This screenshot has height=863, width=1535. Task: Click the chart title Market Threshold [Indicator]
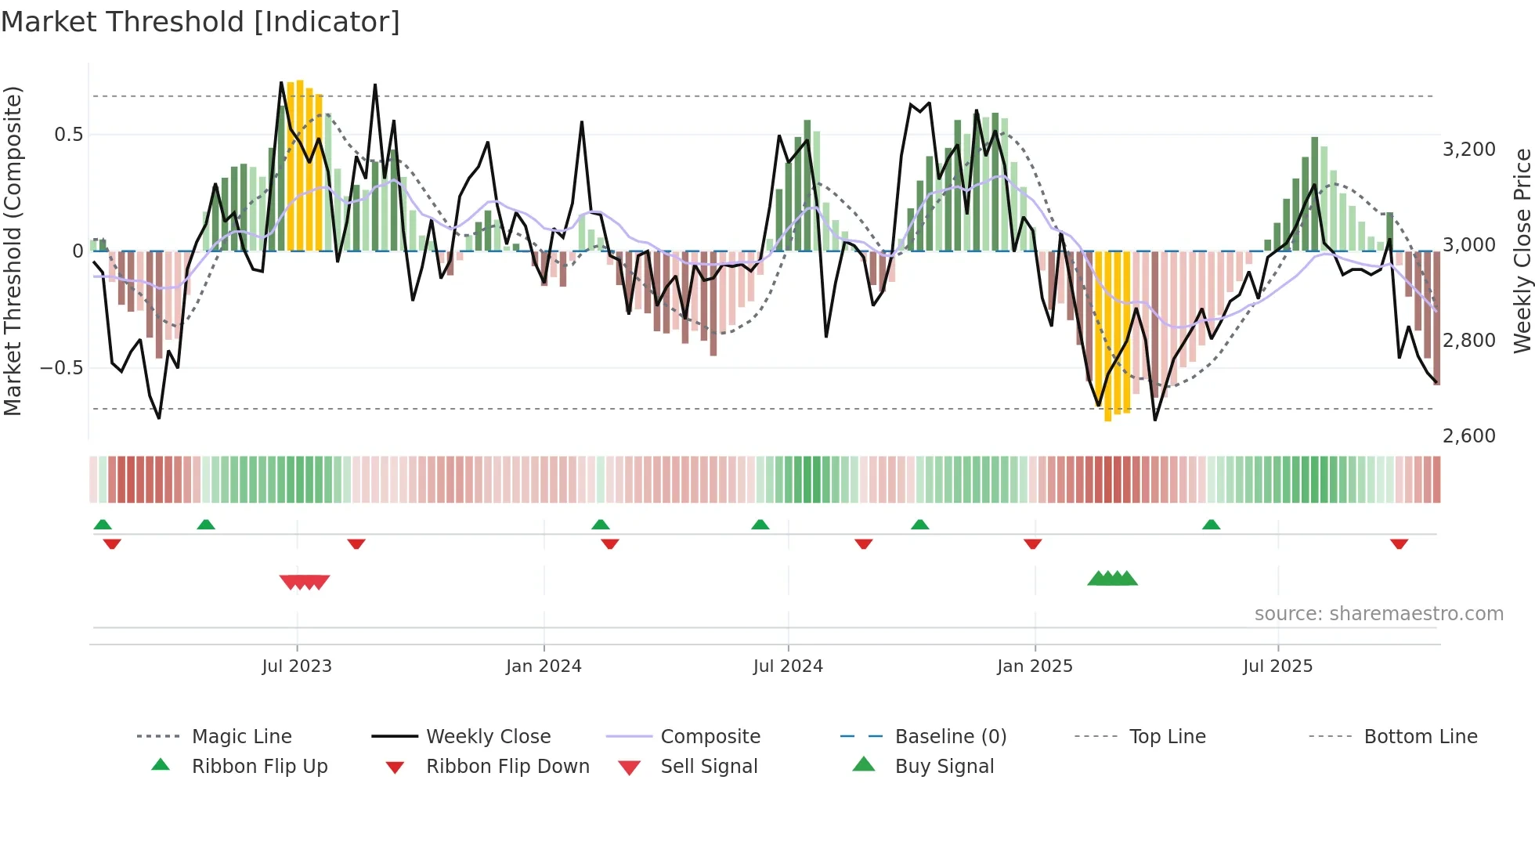click(x=200, y=22)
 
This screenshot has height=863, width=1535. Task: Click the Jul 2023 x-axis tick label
click(x=297, y=666)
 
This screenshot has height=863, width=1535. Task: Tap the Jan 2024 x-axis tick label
click(x=544, y=666)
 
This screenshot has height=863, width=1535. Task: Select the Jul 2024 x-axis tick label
click(x=788, y=666)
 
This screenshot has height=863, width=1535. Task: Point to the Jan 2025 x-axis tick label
click(x=1035, y=666)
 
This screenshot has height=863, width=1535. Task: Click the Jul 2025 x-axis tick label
click(x=1277, y=666)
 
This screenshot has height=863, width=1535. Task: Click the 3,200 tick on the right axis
click(x=1468, y=150)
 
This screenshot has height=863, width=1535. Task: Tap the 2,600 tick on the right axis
click(x=1468, y=436)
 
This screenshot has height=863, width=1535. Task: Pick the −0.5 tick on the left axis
click(x=61, y=368)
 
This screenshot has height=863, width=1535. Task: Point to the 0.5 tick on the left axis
click(x=68, y=135)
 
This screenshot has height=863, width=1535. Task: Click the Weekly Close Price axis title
click(x=1522, y=251)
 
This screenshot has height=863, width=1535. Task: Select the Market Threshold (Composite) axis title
click(x=13, y=251)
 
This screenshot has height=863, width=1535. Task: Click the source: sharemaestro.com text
click(x=1378, y=614)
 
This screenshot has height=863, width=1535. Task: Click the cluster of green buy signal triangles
click(x=1112, y=579)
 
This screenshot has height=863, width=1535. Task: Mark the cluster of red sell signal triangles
click(x=305, y=582)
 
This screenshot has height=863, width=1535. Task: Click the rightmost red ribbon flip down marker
click(x=1399, y=543)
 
